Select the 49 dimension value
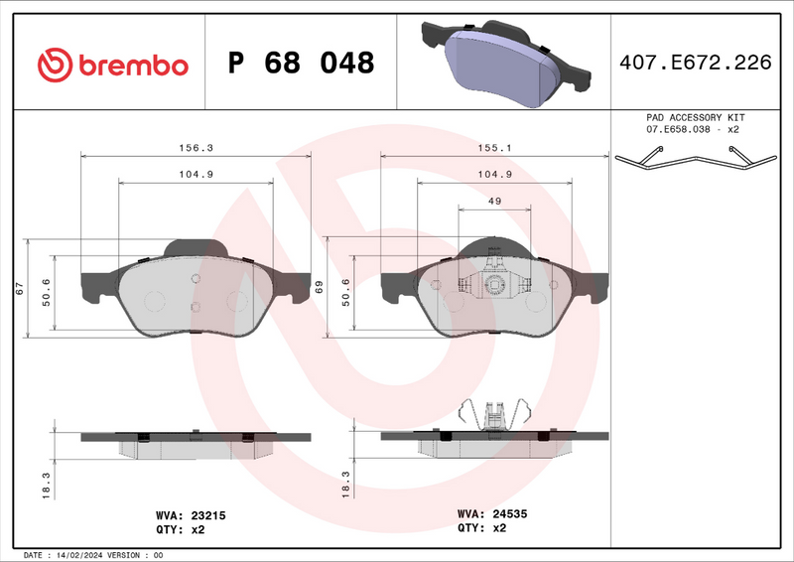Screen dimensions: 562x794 pyautogui.click(x=493, y=201)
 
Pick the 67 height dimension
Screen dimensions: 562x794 pyautogui.click(x=19, y=289)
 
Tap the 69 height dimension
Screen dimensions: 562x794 pyautogui.click(x=319, y=288)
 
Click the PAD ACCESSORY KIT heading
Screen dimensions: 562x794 pyautogui.click(x=694, y=117)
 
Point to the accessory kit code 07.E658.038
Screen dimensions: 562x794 pyautogui.click(x=682, y=130)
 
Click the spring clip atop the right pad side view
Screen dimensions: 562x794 pyautogui.click(x=494, y=413)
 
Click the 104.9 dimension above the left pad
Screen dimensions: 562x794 pyautogui.click(x=196, y=174)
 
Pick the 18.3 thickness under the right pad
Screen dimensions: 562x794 pyautogui.click(x=344, y=483)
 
